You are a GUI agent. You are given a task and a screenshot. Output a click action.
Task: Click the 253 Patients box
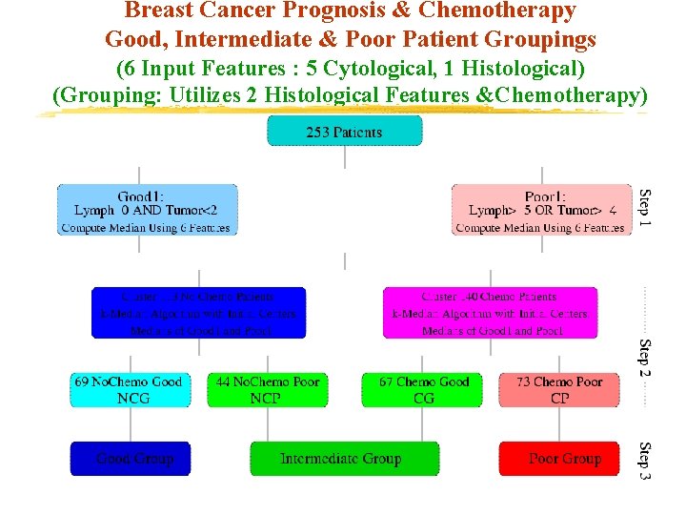(x=344, y=131)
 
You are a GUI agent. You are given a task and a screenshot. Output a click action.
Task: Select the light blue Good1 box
(x=147, y=210)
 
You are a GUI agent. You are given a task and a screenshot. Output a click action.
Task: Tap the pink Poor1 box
(x=541, y=210)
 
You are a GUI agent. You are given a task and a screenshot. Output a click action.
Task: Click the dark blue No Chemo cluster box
(x=199, y=313)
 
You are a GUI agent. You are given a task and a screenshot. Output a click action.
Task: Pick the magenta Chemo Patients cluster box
(x=491, y=313)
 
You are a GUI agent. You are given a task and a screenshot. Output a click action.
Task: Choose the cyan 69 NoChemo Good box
(x=130, y=389)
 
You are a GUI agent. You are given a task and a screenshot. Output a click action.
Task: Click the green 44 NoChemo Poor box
(x=267, y=389)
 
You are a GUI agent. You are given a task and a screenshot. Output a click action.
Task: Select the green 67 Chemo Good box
(x=424, y=389)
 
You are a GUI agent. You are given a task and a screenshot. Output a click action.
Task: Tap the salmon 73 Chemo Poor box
(x=559, y=389)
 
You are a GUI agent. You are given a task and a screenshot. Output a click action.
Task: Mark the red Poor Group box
(x=565, y=459)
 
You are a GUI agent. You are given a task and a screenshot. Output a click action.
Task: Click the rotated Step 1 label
(x=645, y=208)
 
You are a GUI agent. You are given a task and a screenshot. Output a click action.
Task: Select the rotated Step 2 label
(x=645, y=357)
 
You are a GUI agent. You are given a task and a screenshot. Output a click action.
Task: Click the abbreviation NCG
(x=133, y=398)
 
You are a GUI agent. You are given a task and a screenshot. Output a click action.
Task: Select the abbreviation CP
(x=559, y=398)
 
